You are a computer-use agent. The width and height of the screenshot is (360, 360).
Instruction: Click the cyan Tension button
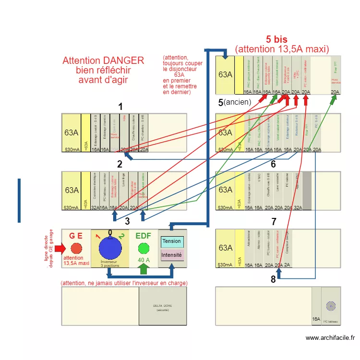[x=172, y=241]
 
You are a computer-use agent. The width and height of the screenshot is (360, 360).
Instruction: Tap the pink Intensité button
[x=172, y=255]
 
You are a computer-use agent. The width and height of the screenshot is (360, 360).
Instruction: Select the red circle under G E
[x=76, y=248]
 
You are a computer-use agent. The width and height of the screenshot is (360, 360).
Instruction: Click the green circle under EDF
[x=143, y=248]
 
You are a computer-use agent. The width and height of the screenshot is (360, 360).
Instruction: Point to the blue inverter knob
[x=110, y=248]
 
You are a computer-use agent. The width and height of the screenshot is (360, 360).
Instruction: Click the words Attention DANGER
[x=103, y=60]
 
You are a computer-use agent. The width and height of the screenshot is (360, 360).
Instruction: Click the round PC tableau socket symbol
[x=331, y=306]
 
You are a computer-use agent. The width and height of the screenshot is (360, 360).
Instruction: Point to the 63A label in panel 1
[x=72, y=133]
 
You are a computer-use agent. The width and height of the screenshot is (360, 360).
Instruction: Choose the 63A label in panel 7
[x=225, y=248]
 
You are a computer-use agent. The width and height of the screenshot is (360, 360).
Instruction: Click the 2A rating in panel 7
[x=287, y=265]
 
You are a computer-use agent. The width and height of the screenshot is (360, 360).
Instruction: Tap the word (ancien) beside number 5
[x=238, y=102]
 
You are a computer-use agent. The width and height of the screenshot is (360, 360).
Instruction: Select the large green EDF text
[x=143, y=236]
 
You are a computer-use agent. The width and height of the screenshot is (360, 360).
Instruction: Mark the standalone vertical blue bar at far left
[x=19, y=201]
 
